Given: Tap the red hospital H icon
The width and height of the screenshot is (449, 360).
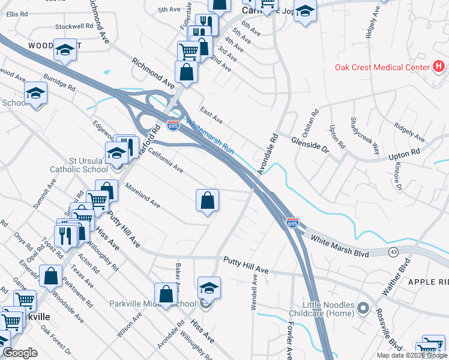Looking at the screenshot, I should tap(439, 66).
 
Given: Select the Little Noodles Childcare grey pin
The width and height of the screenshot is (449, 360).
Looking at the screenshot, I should tap(363, 308).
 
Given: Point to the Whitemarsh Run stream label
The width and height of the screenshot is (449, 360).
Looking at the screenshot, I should tap(209, 137).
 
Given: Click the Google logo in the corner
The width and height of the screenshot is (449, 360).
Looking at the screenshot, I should tap(20, 353).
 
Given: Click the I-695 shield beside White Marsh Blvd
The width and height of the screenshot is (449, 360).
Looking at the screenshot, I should tap(292, 223).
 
